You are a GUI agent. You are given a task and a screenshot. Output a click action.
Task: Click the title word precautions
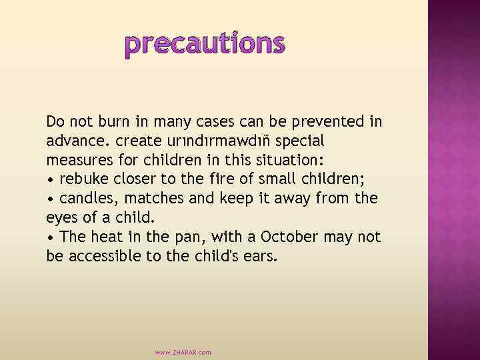(205, 43)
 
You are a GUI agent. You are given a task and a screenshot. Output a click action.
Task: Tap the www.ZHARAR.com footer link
(183, 352)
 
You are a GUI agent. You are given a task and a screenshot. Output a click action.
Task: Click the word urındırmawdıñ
(227, 141)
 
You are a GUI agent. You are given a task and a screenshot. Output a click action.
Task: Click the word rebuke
(83, 179)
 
